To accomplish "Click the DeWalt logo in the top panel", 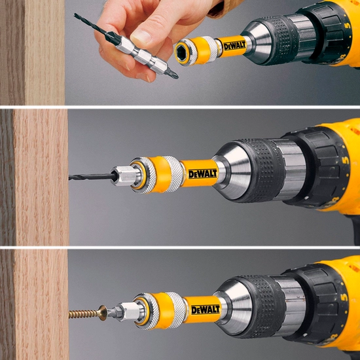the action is [x=235, y=46].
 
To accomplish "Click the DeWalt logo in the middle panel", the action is [x=202, y=174].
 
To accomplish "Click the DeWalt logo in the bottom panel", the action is [x=206, y=310].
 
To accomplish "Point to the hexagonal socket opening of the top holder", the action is [x=183, y=54].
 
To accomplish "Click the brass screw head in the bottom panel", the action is [x=103, y=312].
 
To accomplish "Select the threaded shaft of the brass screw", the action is [x=84, y=314].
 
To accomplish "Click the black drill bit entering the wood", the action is [x=92, y=177].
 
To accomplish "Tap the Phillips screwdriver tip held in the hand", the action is [x=172, y=74].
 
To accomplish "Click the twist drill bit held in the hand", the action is [x=94, y=26].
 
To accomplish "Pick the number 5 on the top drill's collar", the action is [x=348, y=24].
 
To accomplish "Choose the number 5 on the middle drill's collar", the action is [x=346, y=160].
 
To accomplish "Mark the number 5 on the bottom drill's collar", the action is [x=344, y=297].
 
